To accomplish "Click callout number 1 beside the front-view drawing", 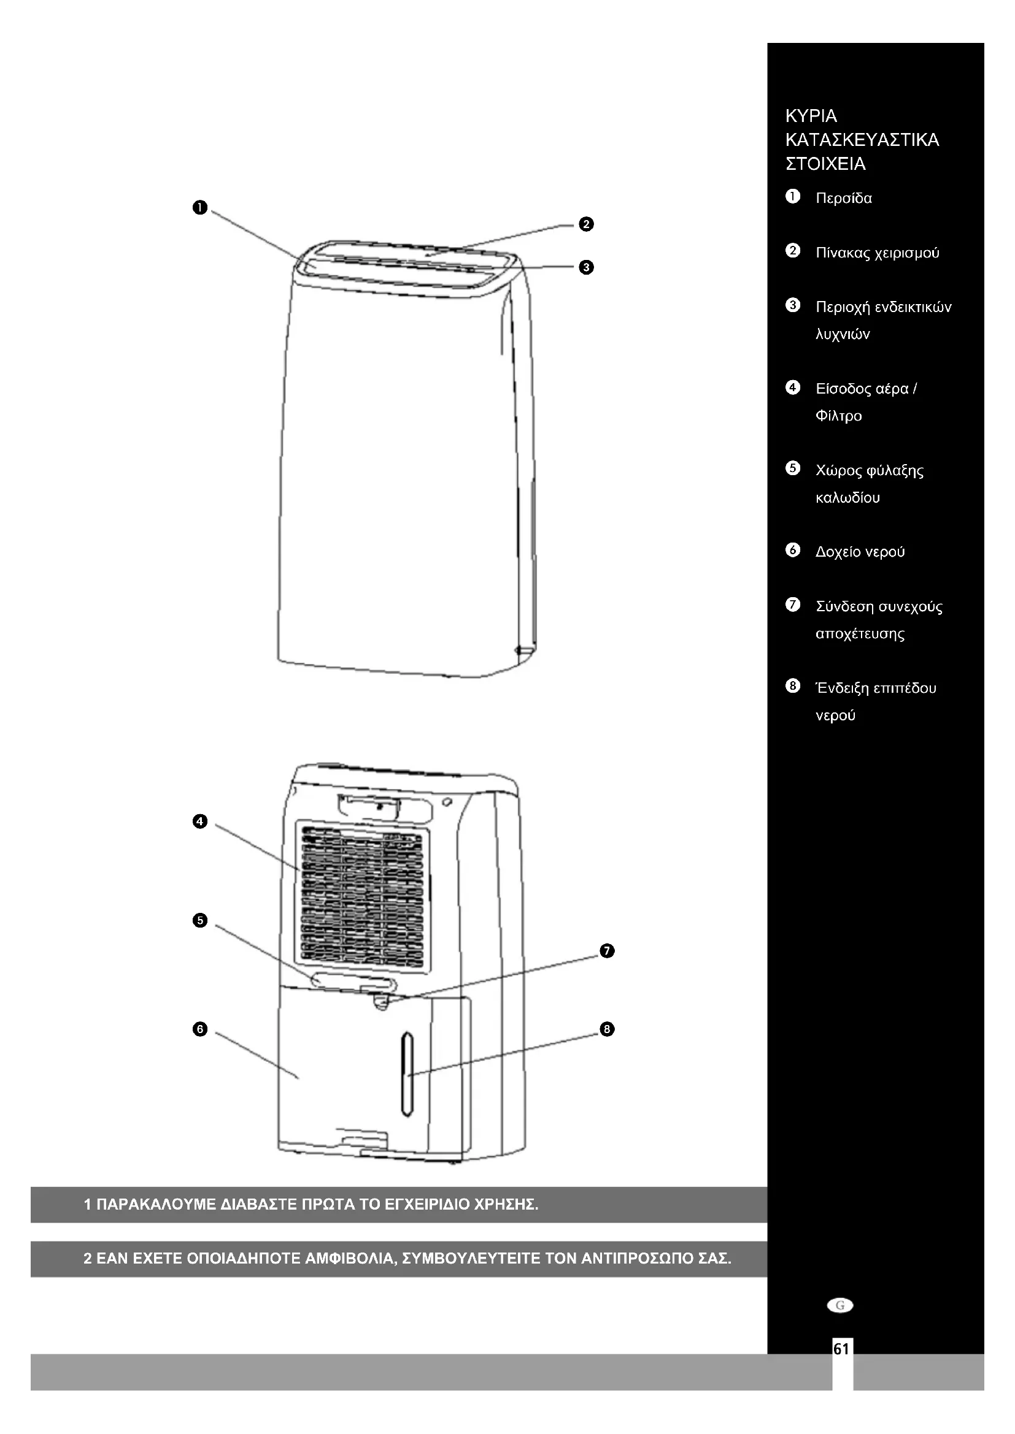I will pyautogui.click(x=200, y=208).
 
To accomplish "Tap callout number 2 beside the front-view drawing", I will pyautogui.click(x=585, y=224).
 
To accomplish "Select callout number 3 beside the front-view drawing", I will pyautogui.click(x=585, y=267).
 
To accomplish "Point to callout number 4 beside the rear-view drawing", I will pyautogui.click(x=200, y=822).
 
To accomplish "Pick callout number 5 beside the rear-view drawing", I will pyautogui.click(x=200, y=920).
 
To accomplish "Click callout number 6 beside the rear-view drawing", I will pyautogui.click(x=200, y=1029).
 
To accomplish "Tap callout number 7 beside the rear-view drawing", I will pyautogui.click(x=607, y=952).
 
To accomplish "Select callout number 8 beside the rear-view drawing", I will pyautogui.click(x=607, y=1029).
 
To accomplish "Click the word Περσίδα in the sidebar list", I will pyautogui.click(x=844, y=199).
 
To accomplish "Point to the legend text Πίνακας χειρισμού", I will pyautogui.click(x=878, y=253).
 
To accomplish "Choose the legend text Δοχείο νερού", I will pyautogui.click(x=860, y=552).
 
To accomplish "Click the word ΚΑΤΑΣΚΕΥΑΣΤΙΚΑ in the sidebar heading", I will pyautogui.click(x=862, y=140).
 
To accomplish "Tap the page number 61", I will pyautogui.click(x=841, y=1349).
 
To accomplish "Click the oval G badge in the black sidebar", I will pyautogui.click(x=840, y=1305).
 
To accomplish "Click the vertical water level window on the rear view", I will pyautogui.click(x=407, y=1074).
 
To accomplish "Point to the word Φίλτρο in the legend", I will pyautogui.click(x=839, y=416).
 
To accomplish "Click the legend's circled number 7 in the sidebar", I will pyautogui.click(x=792, y=605).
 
